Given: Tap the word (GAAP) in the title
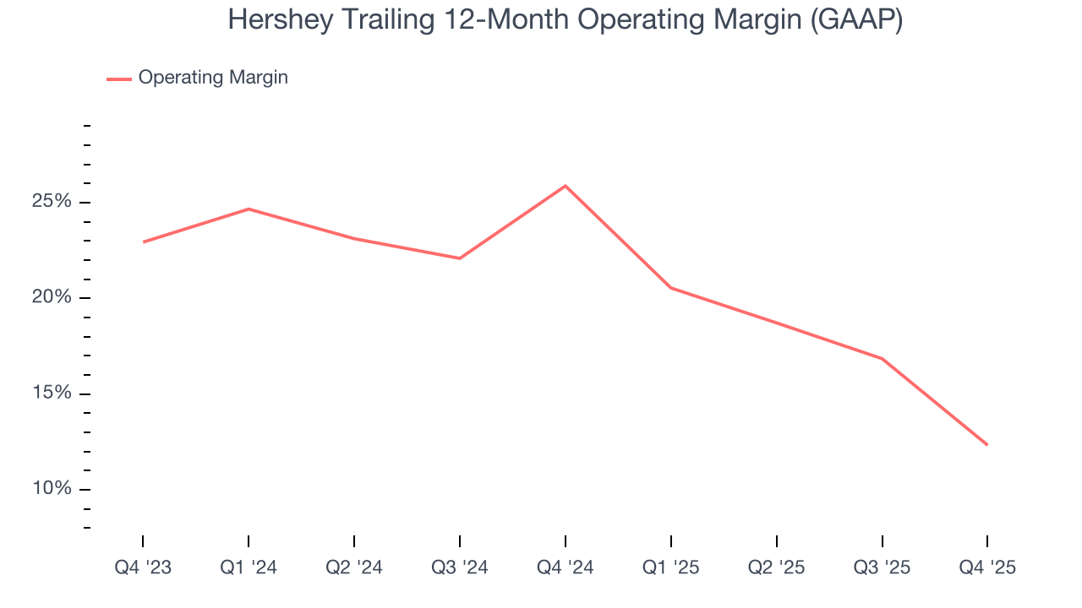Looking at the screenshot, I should [855, 20].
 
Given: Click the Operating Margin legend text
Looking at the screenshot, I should [213, 78].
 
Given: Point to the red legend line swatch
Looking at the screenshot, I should [118, 79].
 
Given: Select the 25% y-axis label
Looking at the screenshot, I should [52, 203].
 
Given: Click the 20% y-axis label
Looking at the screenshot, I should [52, 298].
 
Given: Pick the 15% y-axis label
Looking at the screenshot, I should [52, 394].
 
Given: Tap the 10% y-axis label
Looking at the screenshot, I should [52, 489].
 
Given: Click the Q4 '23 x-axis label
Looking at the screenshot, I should [143, 567].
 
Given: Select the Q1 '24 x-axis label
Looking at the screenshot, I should [249, 567].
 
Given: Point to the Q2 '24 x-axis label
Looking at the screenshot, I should [354, 567].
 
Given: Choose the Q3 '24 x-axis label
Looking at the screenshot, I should [460, 567].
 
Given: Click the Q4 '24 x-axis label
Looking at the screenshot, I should [565, 567].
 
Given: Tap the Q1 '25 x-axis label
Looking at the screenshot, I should [670, 567].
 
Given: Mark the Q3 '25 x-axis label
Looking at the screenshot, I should [882, 567].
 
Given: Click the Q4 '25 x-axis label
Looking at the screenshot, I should [987, 567].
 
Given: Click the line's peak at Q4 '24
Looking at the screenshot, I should [565, 186].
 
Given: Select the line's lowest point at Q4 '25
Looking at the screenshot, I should [986, 444].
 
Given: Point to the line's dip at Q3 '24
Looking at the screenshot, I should [460, 258].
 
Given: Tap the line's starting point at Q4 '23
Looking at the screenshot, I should [144, 242].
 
